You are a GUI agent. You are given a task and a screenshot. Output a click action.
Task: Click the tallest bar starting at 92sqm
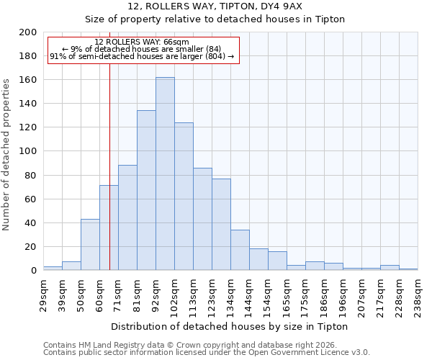pos(165,174)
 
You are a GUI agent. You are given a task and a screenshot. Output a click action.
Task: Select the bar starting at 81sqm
pos(146,191)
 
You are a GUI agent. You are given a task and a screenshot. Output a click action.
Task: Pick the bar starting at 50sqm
pos(90,245)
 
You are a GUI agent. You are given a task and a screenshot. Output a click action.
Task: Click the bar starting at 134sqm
pos(240,250)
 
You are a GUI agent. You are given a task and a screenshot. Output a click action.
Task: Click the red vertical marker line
pos(109,180)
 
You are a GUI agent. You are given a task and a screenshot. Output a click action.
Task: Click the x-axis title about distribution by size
pos(230,326)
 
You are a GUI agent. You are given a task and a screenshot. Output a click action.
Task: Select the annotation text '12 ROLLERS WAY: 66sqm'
pos(142,42)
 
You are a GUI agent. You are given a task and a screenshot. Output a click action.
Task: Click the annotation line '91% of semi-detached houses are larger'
pos(142,56)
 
